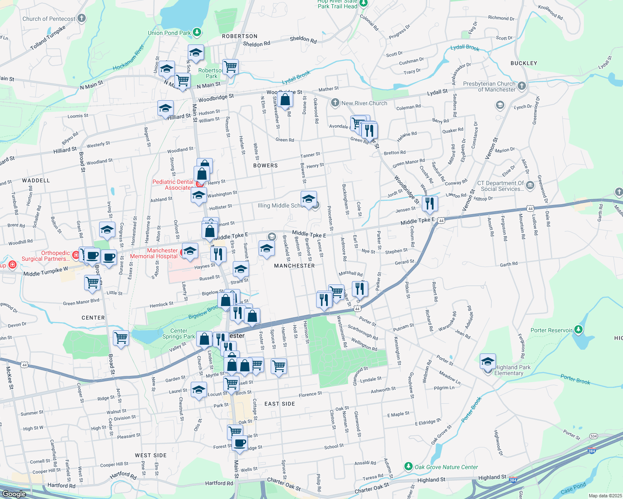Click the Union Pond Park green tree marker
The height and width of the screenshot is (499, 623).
coord(197,32)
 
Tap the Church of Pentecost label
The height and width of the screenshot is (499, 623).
coord(49,19)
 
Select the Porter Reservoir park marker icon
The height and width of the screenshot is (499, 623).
coord(578,330)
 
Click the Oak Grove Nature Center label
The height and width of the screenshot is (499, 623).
coord(446,467)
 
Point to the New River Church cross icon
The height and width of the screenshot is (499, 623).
coord(335,103)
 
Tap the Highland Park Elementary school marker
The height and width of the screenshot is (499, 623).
coord(488,361)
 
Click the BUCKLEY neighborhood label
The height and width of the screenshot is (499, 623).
coord(523,63)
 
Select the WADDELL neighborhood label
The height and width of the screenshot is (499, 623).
coord(36,180)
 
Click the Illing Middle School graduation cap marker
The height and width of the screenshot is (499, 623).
coord(309,199)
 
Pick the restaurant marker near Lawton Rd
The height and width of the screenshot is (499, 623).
coord(430,203)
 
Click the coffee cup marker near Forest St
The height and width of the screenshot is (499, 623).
coord(239,443)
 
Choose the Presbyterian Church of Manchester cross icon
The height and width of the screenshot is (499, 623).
coord(522,86)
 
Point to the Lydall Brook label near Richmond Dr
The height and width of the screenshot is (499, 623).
coord(465,47)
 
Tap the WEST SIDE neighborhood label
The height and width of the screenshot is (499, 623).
coord(151,455)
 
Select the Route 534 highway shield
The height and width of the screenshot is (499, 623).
coord(593,436)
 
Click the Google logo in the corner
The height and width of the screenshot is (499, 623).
coord(14,494)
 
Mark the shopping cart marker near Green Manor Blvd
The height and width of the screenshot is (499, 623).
coord(92,283)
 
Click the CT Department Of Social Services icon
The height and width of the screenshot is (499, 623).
coord(530,185)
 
